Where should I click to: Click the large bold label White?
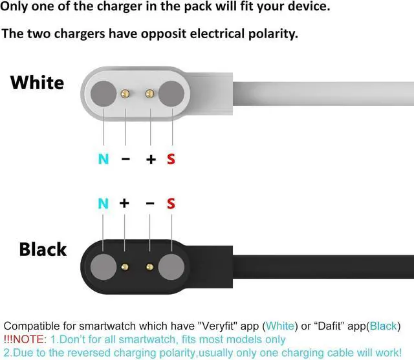37,83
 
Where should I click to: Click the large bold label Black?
43,249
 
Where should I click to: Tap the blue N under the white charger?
103,158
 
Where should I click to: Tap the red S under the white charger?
171,158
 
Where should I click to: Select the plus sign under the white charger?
151,158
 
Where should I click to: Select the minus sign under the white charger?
125,158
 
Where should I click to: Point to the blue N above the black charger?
103,204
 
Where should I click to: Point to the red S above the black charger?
171,204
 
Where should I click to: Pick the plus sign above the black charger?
124,204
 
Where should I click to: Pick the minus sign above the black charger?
150,204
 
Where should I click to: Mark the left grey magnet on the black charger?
103,266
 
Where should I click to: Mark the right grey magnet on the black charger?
171,266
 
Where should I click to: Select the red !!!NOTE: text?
25,339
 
